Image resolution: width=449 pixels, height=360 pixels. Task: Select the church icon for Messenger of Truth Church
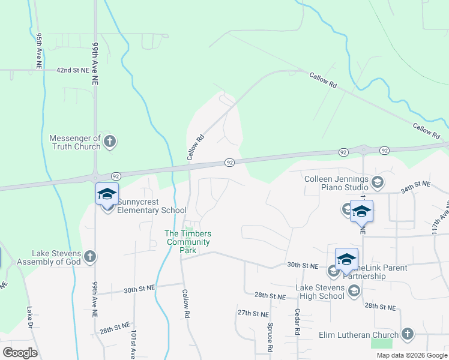109,142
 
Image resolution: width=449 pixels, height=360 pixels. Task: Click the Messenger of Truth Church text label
75,142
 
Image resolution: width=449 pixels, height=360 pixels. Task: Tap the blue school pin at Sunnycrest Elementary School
107,195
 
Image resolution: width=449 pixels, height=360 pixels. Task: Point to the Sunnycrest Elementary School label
151,206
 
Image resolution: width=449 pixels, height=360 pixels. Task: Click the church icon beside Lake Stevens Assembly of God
90,257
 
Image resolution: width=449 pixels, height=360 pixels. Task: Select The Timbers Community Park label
188,242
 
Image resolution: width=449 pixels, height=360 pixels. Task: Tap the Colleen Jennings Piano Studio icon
378,182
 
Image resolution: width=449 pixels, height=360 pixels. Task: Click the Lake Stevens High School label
320,292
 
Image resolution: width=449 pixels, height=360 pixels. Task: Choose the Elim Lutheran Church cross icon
408,334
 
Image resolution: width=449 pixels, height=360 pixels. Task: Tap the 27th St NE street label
252,313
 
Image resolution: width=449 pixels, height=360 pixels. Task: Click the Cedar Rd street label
297,322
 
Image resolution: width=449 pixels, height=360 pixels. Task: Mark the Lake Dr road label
29,320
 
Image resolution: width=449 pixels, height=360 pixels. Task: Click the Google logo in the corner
20,353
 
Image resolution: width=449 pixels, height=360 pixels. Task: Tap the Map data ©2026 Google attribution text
411,355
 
